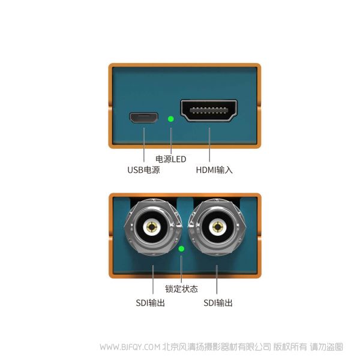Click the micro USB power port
144,118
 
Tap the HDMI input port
209,110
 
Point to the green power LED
170,119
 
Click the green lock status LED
181,249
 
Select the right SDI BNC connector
217,227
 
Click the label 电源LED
171,159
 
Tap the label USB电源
143,170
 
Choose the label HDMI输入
214,170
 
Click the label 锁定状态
181,289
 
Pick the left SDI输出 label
151,303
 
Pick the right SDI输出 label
218,303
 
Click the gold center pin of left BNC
152,227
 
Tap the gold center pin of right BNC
217,227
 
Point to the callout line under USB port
144,145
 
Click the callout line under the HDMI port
209,145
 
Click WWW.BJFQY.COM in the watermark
130,347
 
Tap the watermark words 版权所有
290,347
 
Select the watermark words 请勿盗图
326,347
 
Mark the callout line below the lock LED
181,269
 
